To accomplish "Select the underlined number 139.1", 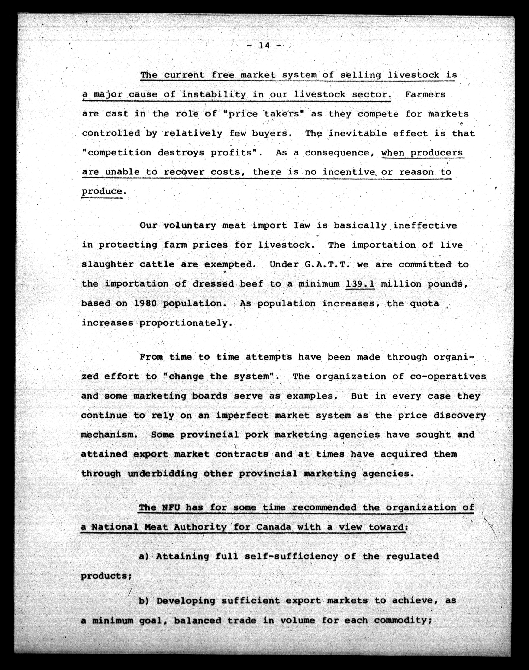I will point(360,284).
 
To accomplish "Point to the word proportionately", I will point(185,323).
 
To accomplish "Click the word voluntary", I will point(190,226).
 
